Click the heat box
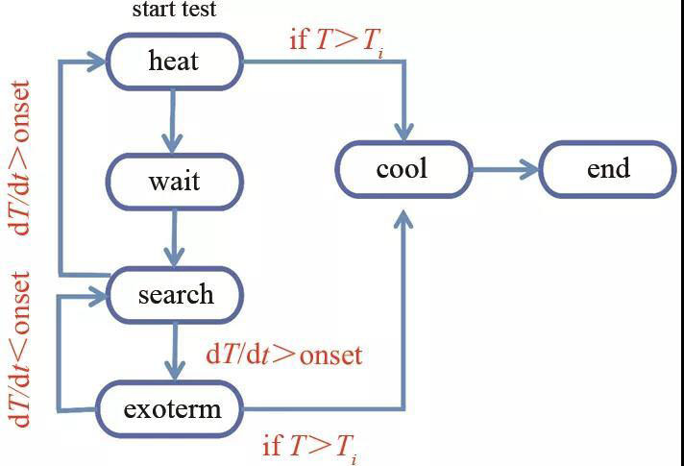coord(174,61)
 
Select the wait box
coord(174,181)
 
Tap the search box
coord(175,294)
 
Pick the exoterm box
coord(172,409)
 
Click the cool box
coord(403,170)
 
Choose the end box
coord(608,170)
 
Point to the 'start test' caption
coord(175,11)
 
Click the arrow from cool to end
coord(505,170)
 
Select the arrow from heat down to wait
coord(173,119)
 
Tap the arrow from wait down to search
coord(174,237)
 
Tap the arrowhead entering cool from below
coord(403,219)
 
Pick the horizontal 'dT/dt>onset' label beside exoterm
coord(284,355)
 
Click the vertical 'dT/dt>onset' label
coord(19,158)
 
